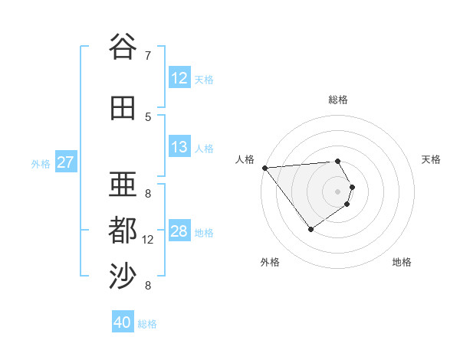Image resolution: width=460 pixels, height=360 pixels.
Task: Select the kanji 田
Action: coord(123,108)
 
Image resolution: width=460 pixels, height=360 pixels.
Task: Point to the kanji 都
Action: coord(123,231)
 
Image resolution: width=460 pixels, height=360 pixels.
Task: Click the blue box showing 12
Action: coord(179,78)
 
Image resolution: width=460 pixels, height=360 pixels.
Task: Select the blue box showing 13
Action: coord(179,147)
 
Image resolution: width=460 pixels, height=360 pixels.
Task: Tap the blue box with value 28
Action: coord(179,231)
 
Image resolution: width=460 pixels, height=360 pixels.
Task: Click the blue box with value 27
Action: coord(66,162)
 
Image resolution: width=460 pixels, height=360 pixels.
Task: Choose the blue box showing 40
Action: coord(123,322)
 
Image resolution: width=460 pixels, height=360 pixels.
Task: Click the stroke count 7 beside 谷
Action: coord(147,55)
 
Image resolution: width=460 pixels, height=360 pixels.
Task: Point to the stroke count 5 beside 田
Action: coord(148,116)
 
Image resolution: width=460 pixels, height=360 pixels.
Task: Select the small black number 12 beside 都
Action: coord(149,240)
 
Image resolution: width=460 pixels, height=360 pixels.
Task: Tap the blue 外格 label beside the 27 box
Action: coord(41,163)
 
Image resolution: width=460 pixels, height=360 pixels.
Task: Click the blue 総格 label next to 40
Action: coord(148,324)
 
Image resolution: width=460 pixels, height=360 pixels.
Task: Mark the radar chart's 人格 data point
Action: coord(264,168)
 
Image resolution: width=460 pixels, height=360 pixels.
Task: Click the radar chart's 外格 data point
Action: coord(310,229)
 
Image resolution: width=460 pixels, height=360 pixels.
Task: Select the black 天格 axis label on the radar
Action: coord(432,159)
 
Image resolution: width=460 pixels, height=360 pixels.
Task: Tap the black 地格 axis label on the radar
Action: coord(402,262)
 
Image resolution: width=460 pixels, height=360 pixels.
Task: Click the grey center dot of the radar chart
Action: coord(337,191)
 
